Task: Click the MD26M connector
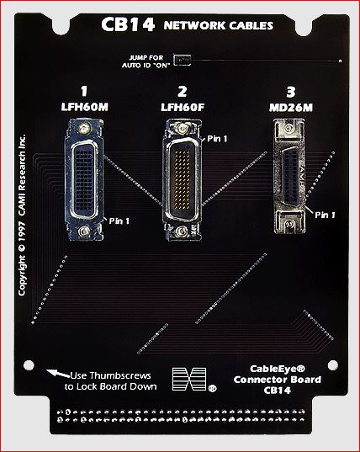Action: pyautogui.click(x=289, y=178)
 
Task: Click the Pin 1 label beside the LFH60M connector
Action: pyautogui.click(x=121, y=221)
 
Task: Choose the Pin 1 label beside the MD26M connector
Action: pyautogui.click(x=324, y=215)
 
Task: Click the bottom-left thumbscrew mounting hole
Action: pyautogui.click(x=29, y=365)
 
